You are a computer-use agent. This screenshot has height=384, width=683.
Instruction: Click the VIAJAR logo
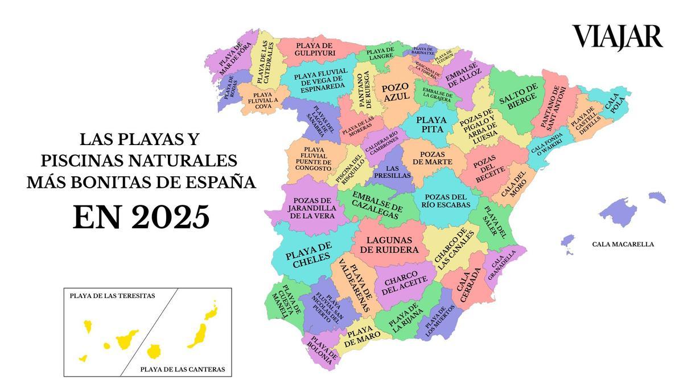pos(617,38)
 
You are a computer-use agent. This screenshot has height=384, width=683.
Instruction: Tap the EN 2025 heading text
pos(141,217)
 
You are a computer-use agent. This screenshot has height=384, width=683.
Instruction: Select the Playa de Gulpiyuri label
pos(315,49)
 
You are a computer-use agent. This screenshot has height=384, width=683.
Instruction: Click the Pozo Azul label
pos(395,93)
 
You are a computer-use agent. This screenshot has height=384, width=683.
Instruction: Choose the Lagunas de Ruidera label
pos(392,245)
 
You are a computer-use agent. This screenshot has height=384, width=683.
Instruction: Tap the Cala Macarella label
pos(623,244)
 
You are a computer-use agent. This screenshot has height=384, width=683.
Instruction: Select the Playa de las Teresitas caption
pos(112,296)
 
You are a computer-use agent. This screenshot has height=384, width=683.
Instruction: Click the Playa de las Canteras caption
pos(182,369)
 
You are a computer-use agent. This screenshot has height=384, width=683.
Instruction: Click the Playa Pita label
pos(431,125)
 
